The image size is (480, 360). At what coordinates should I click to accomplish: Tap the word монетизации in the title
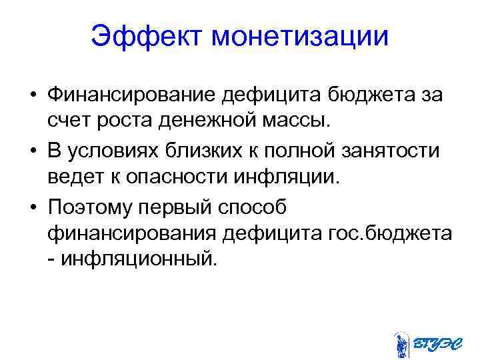[299, 37]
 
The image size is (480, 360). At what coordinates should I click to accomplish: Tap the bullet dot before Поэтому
[32, 207]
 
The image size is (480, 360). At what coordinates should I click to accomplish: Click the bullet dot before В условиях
[32, 151]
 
